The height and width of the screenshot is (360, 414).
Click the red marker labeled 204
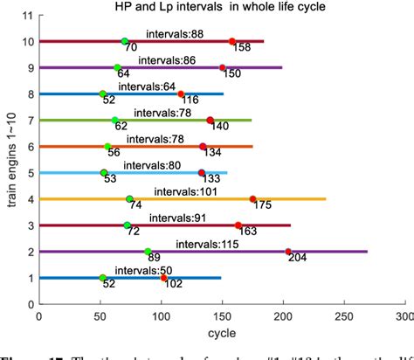[288, 252]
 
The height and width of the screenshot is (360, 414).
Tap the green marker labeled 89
[148, 252]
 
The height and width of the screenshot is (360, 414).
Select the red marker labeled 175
[253, 199]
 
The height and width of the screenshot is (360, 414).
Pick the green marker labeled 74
[129, 199]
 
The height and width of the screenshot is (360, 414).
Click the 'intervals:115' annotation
[205, 243]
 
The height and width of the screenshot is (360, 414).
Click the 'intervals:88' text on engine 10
[175, 33]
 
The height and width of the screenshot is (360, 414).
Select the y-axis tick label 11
[29, 16]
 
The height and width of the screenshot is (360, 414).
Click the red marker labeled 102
[163, 278]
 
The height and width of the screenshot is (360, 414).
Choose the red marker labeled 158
[232, 42]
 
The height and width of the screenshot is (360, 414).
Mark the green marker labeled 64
[117, 68]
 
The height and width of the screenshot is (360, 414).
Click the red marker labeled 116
[181, 94]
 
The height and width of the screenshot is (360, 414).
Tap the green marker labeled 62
[114, 121]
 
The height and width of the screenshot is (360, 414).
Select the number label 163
[248, 233]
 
